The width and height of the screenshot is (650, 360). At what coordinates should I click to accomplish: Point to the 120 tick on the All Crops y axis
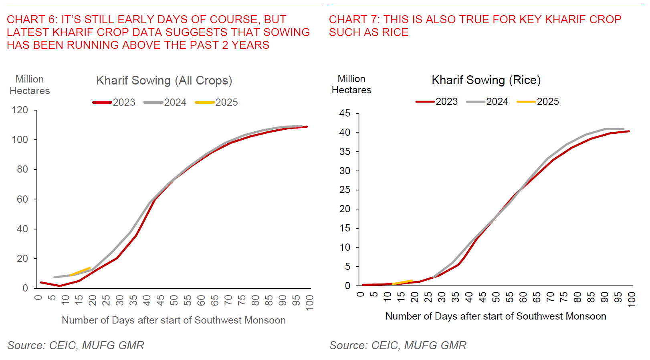point(20,110)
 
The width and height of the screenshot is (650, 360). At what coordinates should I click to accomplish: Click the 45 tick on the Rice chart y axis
point(345,113)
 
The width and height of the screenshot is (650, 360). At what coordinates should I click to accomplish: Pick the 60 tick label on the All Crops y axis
point(22,199)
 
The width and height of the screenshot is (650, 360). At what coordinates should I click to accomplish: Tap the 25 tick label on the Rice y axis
point(345,190)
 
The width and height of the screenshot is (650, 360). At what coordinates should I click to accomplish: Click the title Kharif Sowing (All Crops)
point(164,80)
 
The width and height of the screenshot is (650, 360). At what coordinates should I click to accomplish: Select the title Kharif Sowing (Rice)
point(486,80)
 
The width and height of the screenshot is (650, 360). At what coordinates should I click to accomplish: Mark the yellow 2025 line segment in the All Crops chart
point(81,272)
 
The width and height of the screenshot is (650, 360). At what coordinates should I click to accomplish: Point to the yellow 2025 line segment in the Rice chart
point(403,282)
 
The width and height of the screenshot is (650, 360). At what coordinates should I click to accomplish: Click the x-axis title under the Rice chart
point(496,316)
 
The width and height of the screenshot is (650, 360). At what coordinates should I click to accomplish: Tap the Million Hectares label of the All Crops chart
point(30,85)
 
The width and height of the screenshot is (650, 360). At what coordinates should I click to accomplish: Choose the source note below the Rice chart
point(398,345)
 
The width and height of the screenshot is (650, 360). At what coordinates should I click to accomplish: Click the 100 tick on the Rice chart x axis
point(632,299)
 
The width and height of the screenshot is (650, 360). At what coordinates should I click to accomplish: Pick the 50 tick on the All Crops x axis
point(174,300)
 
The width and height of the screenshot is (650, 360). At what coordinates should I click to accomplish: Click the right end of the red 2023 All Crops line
point(307,127)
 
